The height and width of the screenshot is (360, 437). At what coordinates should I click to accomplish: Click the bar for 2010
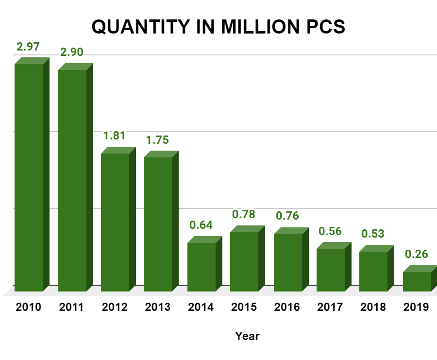(29, 177)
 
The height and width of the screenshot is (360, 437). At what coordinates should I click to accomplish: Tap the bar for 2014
(202, 267)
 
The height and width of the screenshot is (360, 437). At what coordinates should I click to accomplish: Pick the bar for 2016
(288, 262)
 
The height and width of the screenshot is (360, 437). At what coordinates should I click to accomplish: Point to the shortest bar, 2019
(417, 281)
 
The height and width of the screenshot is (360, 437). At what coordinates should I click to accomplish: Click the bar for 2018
(373, 271)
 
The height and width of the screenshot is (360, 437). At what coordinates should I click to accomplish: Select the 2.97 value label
(28, 47)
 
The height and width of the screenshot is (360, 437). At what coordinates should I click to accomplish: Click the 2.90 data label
(71, 52)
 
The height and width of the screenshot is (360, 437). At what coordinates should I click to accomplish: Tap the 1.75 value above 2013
(157, 140)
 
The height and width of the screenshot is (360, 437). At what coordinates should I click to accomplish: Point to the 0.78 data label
(244, 214)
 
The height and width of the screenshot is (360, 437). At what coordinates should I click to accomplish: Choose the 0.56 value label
(331, 231)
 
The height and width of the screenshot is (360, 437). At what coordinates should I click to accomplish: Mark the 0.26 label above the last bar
(416, 254)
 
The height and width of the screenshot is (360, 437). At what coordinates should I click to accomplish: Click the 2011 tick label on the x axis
(71, 307)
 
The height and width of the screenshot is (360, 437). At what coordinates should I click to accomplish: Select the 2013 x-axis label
(157, 307)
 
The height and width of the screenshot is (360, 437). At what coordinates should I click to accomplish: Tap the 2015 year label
(244, 307)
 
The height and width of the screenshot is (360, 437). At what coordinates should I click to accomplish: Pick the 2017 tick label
(330, 307)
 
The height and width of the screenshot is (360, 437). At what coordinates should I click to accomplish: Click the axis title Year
(248, 336)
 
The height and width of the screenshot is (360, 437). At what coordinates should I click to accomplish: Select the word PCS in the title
(325, 27)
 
